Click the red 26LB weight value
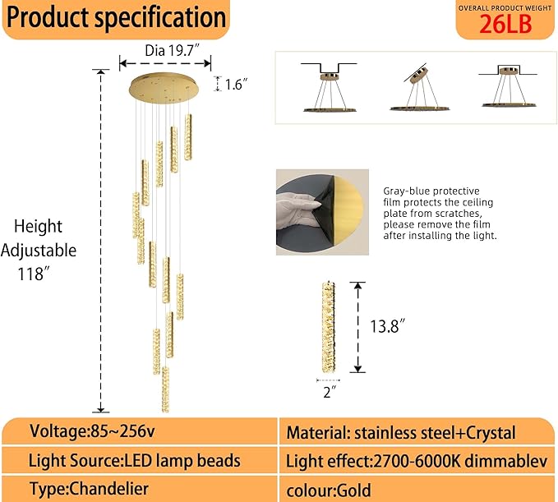point(505,24)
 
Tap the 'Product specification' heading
point(116,17)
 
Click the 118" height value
point(36,274)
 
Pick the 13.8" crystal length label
point(389,326)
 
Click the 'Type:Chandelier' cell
point(85,489)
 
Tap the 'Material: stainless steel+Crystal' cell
point(400,432)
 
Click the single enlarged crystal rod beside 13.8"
point(327,326)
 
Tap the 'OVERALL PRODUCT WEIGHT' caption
point(505,7)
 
